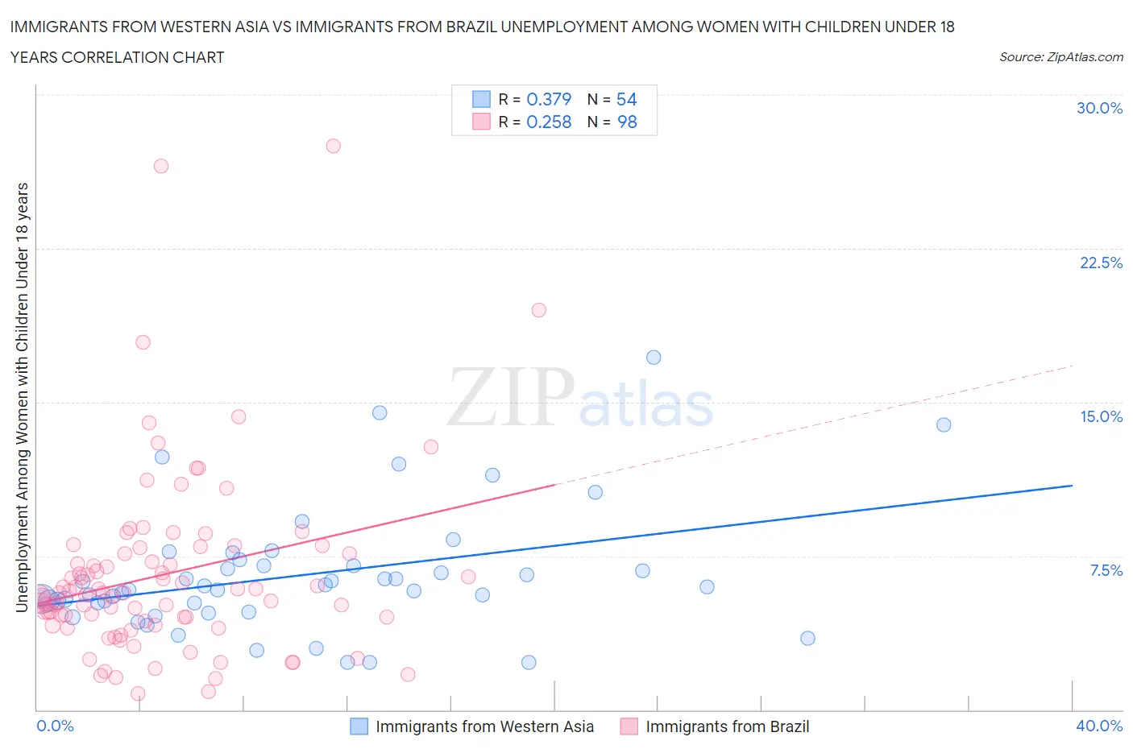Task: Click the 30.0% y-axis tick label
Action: [1099, 108]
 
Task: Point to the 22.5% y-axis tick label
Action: [1101, 263]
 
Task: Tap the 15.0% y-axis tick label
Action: [1101, 416]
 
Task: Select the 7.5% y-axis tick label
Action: [1106, 570]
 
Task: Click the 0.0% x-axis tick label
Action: [55, 726]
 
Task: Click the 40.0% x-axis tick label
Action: [1099, 726]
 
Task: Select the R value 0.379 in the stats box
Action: [548, 99]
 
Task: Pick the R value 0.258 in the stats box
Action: [548, 122]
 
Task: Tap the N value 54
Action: [626, 99]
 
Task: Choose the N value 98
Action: [626, 122]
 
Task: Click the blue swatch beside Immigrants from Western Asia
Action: [359, 726]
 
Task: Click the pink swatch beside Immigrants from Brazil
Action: [629, 726]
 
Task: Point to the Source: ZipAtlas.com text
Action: [1060, 56]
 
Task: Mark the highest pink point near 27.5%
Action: [333, 146]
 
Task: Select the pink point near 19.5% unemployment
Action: [538, 310]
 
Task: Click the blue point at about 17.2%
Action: [654, 357]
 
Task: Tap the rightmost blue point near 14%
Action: [944, 424]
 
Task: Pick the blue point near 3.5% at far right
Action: [807, 638]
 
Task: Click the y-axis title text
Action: [23, 397]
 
